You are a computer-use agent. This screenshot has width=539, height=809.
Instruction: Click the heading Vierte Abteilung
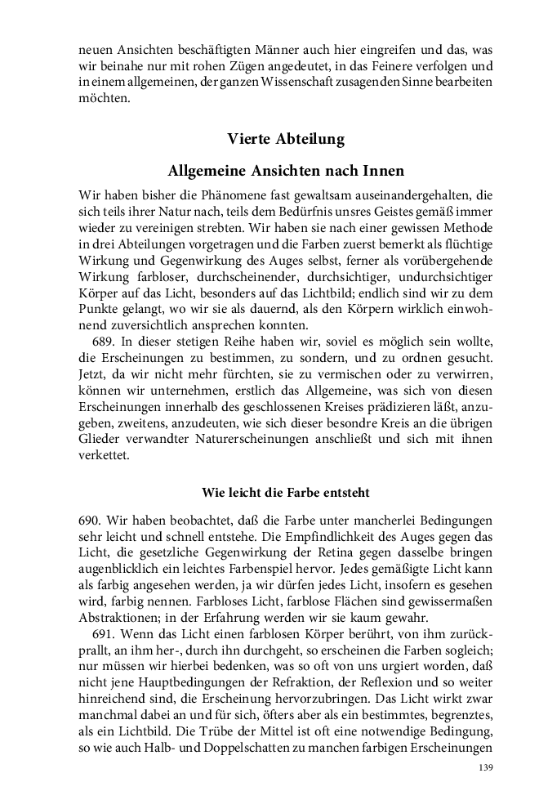(286, 139)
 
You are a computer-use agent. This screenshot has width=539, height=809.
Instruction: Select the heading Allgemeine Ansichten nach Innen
(286, 172)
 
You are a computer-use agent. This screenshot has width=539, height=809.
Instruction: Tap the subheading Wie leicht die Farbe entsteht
(285, 493)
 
